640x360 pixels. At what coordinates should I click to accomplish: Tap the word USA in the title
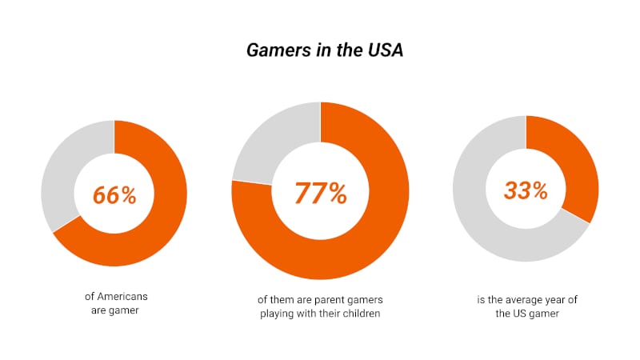point(383,50)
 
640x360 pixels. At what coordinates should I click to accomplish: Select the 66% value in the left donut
point(114,194)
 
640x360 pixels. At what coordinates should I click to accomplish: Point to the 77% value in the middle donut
point(320,193)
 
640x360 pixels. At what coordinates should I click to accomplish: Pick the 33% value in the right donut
point(526,190)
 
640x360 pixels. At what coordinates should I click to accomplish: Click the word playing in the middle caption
point(278,314)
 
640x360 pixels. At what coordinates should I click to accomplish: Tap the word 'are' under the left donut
point(98,310)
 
